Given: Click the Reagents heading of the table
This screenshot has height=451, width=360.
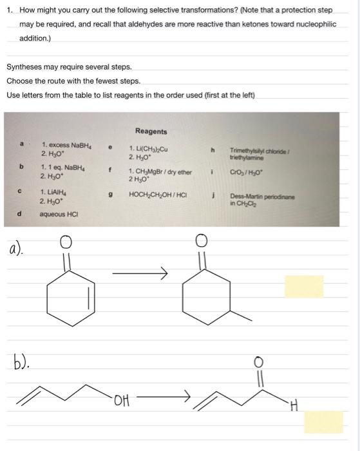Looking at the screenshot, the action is [151, 131].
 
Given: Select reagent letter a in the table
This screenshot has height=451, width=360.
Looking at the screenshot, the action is [22, 146].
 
